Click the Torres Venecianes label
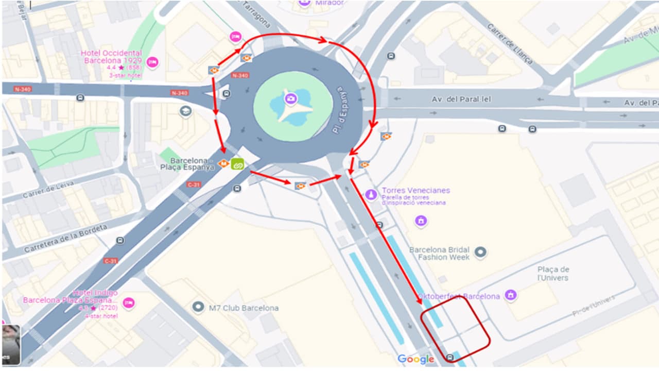[x=415, y=190]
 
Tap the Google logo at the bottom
[x=415, y=359]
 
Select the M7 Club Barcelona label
[x=244, y=308]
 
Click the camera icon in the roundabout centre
[x=291, y=98]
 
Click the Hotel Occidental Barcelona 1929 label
[x=111, y=57]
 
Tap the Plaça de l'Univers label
[x=553, y=274]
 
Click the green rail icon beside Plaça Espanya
[x=237, y=164]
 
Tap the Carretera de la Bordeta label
[x=65, y=238]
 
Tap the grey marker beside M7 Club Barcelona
[x=198, y=308]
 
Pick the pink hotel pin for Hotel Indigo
[x=129, y=302]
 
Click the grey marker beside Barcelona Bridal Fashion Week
[x=480, y=252]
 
